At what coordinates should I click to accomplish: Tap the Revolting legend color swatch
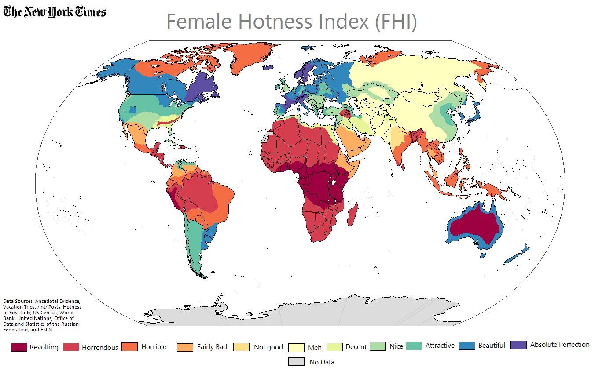pyautogui.click(x=19, y=347)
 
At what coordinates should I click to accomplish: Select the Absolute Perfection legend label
pyautogui.click(x=559, y=345)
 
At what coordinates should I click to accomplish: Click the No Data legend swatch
pyautogui.click(x=296, y=361)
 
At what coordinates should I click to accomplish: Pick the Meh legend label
pyautogui.click(x=315, y=347)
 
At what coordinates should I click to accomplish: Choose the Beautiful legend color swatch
pyautogui.click(x=467, y=346)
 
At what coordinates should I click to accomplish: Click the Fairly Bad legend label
pyautogui.click(x=212, y=347)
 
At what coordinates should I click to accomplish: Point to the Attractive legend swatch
pyautogui.click(x=414, y=346)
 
